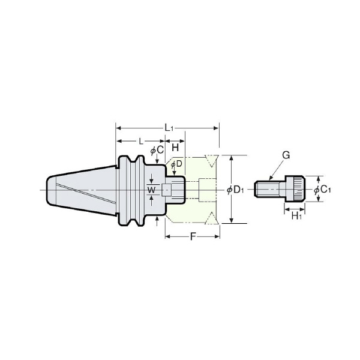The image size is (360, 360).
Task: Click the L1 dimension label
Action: [169, 128]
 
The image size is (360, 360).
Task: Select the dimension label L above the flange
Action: [141, 141]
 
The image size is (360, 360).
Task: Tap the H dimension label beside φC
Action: [175, 148]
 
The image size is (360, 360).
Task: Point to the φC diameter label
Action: [157, 151]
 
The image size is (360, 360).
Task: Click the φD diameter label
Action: [176, 164]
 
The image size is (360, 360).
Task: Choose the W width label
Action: [151, 190]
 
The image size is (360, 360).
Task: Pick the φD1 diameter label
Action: [235, 190]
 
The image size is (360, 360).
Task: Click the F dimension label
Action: [193, 236]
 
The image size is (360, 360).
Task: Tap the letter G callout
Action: [286, 155]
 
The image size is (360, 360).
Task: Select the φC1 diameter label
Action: [322, 190]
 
